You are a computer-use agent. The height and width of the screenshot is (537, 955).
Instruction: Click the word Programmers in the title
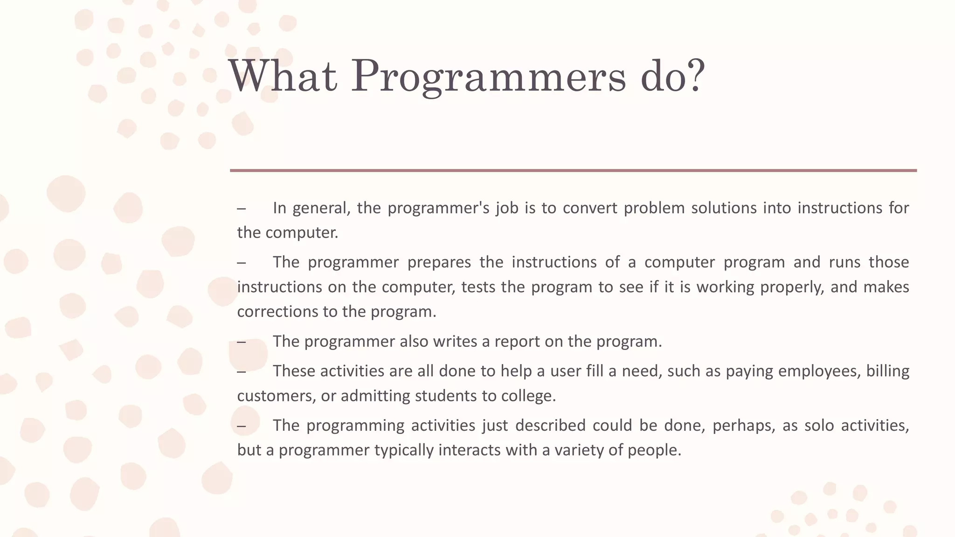488,77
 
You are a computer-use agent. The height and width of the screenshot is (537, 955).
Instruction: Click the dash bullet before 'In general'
241,208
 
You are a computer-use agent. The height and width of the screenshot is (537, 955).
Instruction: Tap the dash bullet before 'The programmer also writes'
241,343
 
